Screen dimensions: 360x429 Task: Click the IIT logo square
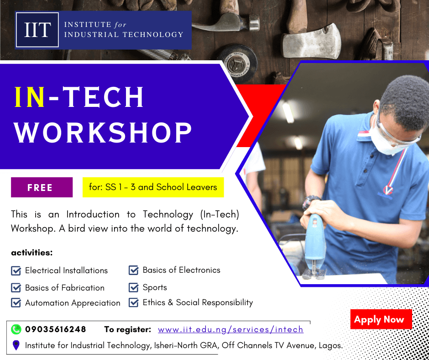click(37, 30)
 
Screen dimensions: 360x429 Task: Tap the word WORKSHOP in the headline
click(103, 132)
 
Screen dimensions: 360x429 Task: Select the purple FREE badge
click(42, 187)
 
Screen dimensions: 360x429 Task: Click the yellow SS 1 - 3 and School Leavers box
click(153, 187)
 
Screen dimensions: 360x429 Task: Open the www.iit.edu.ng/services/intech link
click(230, 329)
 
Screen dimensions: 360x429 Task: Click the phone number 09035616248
click(56, 329)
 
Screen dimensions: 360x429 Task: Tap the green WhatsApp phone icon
click(16, 329)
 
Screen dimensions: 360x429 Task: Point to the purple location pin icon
click(16, 345)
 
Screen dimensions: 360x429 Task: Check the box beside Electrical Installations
click(16, 271)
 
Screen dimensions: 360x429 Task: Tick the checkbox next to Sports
click(134, 288)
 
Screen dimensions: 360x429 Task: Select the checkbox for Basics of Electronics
click(134, 270)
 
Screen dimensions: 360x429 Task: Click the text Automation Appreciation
click(73, 303)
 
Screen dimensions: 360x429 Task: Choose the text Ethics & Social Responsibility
click(198, 302)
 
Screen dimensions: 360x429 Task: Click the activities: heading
click(32, 253)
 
